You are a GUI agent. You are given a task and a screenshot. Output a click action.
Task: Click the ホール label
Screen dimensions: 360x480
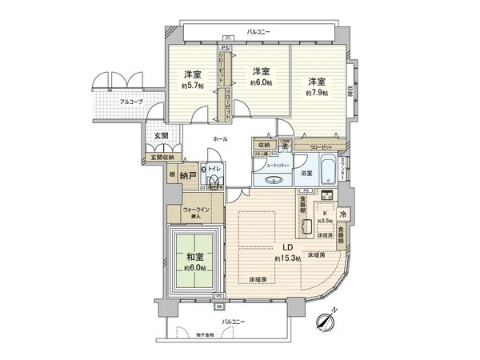click(x=219, y=138)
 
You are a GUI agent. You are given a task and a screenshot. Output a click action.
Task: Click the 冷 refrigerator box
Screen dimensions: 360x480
click(x=342, y=214)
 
